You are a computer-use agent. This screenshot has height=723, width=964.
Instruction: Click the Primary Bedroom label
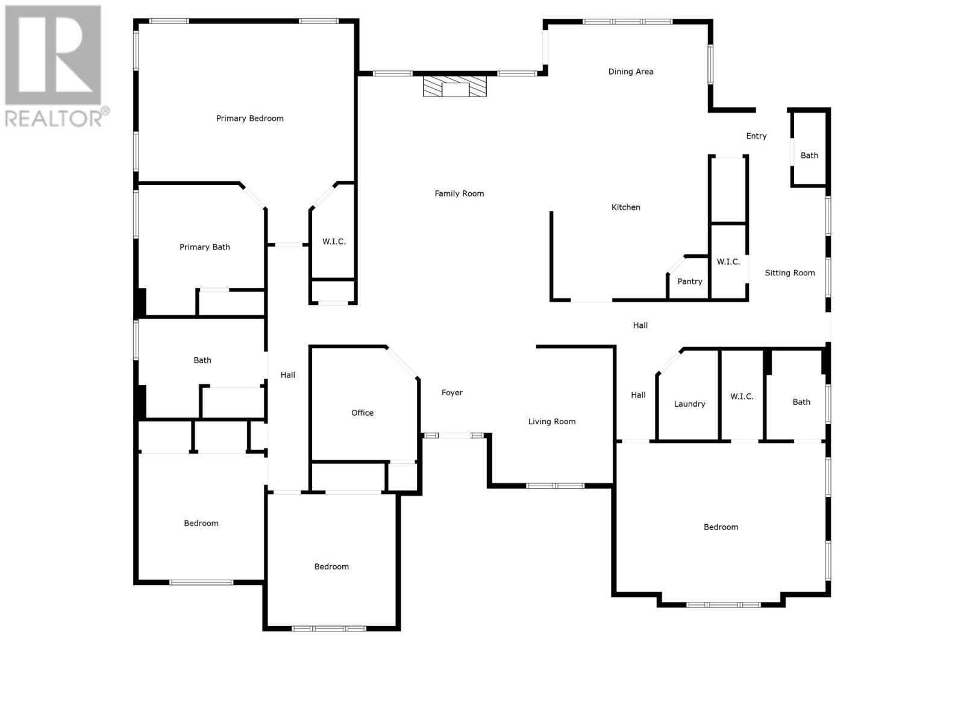coord(249,118)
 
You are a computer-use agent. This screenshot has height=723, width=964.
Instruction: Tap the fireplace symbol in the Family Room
coord(454,86)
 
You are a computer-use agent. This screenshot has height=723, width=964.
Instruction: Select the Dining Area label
coord(630,72)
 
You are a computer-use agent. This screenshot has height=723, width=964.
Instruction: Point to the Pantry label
coord(689,281)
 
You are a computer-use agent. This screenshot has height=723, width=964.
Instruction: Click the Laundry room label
coord(689,404)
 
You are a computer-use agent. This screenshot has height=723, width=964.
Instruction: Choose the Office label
coord(362,413)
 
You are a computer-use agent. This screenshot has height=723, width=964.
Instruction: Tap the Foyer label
coord(452,393)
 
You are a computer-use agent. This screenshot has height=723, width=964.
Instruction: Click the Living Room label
coord(551,422)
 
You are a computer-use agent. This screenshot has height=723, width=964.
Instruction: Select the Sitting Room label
coord(789,273)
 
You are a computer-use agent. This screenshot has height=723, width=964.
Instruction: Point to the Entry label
coord(756,136)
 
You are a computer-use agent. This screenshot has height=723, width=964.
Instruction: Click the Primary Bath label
coord(204,247)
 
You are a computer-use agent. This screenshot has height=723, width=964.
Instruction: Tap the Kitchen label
coord(625,207)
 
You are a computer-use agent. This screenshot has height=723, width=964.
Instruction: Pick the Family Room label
coord(459,193)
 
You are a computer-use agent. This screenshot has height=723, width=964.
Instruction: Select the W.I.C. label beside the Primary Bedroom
coord(333,242)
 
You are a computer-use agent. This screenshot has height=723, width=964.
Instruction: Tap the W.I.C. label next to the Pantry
coord(728,261)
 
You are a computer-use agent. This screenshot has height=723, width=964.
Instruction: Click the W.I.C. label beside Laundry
coord(741,396)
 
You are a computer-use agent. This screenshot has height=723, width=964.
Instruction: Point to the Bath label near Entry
coord(809,155)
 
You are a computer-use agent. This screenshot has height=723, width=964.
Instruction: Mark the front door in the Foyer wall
coord(454,436)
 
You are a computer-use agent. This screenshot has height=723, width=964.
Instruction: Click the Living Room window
coord(555,486)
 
